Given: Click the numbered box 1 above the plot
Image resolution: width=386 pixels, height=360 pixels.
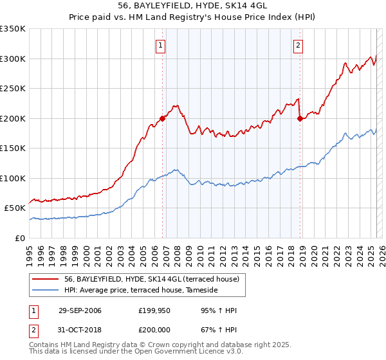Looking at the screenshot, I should [160, 45].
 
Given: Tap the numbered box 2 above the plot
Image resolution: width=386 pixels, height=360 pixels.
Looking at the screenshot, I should [299, 45].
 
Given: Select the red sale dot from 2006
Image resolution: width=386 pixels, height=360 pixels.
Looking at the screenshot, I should [163, 118].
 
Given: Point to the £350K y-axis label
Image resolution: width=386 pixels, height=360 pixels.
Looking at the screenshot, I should [13, 29].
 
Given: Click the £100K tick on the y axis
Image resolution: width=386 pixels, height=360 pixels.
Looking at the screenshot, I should [13, 178].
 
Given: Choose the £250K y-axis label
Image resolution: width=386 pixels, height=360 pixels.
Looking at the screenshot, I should [13, 89].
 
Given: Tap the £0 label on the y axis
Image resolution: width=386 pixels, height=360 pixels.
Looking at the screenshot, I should [21, 238].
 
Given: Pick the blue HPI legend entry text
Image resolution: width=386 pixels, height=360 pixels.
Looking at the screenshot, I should [141, 291].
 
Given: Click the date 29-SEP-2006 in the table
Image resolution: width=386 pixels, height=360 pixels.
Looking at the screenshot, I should [80, 310].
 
